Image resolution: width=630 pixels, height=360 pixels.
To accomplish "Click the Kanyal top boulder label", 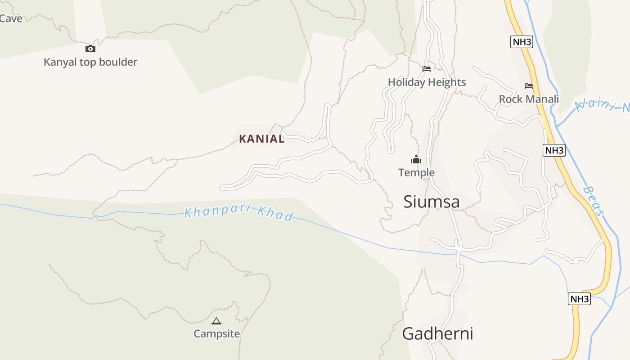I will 90,62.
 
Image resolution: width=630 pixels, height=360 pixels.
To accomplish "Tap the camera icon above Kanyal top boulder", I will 90,49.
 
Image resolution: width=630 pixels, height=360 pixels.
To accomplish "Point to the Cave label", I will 11,18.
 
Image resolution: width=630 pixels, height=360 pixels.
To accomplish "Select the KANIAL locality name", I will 262,139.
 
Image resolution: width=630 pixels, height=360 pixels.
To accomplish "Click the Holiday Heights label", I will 427,82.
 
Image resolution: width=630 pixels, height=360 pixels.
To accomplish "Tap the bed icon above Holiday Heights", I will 427,69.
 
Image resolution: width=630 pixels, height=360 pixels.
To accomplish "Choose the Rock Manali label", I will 529,99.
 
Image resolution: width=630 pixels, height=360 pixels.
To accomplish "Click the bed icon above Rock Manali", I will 529,85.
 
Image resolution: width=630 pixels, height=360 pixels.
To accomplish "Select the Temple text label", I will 416,172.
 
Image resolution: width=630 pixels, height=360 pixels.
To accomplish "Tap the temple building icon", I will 416,159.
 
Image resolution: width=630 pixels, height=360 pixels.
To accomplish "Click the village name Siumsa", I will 432,202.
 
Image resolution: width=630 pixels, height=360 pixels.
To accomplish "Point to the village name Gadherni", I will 437,334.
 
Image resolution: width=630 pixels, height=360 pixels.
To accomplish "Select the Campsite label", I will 216,334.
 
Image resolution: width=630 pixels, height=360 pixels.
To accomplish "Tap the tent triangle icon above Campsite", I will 216,321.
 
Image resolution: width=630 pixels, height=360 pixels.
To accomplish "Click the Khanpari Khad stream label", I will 239,212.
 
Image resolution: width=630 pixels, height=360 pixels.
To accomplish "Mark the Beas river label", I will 592,201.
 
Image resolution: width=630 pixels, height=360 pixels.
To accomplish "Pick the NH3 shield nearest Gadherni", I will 579,299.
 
